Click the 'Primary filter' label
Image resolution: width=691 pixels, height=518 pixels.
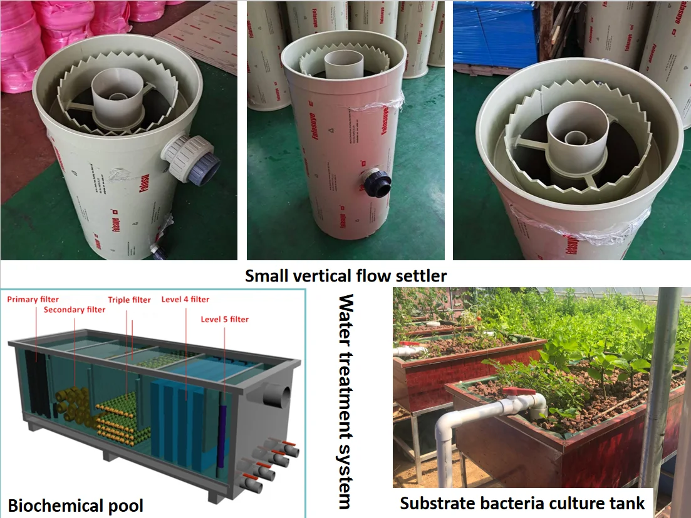(33, 299)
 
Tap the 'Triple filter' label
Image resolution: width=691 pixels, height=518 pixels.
(129, 300)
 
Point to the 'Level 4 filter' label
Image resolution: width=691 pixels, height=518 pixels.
(185, 299)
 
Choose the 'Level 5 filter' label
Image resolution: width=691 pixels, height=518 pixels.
(224, 319)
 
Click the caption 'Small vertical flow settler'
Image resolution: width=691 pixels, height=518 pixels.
(345, 275)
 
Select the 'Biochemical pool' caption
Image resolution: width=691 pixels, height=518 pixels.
(76, 505)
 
